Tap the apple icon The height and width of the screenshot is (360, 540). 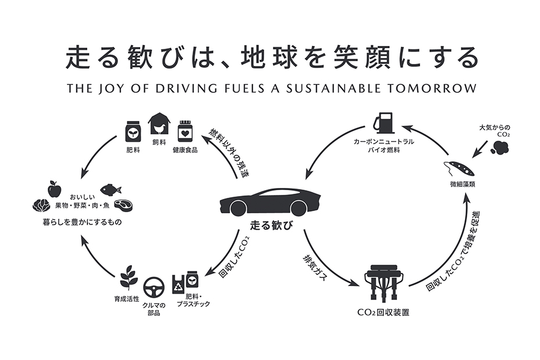coord(55,188)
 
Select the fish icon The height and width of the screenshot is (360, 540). coord(111,190)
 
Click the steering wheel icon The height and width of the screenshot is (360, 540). coord(154,286)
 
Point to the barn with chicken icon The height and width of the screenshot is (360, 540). coord(160,124)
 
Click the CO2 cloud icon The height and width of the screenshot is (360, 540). coord(499,146)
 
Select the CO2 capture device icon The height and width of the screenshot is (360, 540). coord(383,283)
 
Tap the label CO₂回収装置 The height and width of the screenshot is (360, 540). coord(383,312)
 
